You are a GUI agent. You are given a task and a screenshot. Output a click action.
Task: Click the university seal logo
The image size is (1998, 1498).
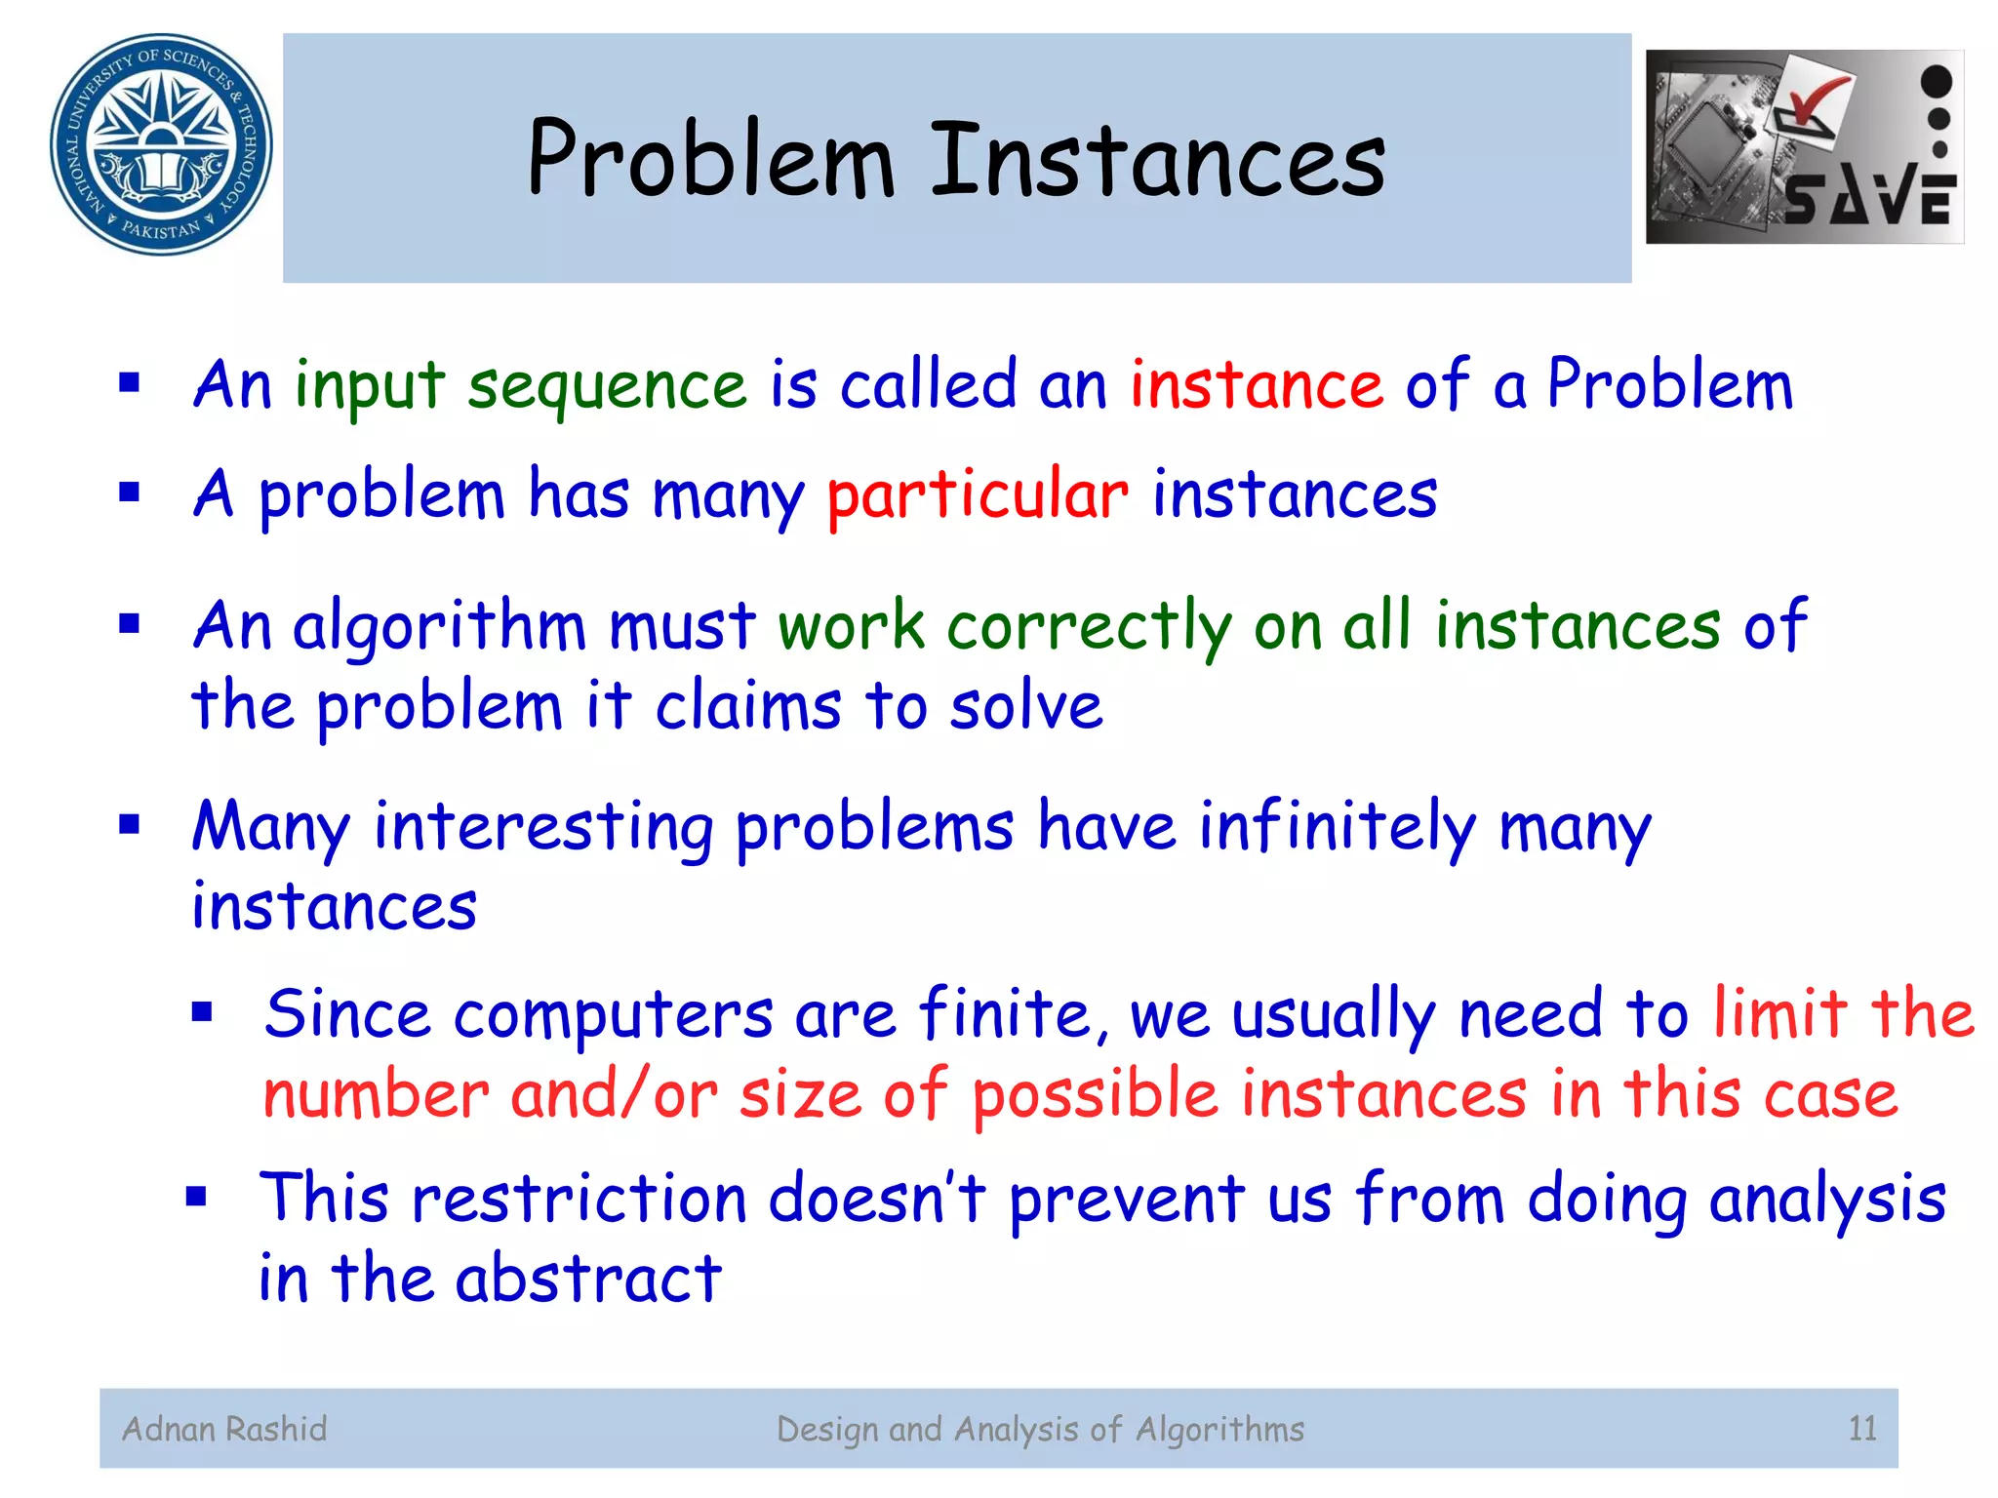tap(161, 144)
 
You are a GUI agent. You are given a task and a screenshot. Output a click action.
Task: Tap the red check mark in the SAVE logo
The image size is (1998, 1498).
tap(1813, 101)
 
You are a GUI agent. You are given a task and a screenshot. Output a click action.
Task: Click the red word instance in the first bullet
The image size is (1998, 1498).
tap(1257, 384)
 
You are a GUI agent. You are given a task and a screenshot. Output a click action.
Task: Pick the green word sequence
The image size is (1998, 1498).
tap(607, 386)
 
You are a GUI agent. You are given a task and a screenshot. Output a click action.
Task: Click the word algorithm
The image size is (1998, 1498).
tap(439, 626)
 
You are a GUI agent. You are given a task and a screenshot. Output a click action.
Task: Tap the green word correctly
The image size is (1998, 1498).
tap(1089, 626)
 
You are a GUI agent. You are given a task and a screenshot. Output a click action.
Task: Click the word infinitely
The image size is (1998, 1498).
tap(1338, 828)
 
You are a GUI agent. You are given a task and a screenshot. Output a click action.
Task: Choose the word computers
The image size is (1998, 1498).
tap(613, 1014)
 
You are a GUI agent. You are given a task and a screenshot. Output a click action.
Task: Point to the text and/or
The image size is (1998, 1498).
tap(615, 1094)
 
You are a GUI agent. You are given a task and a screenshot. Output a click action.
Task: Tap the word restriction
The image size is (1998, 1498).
tap(579, 1199)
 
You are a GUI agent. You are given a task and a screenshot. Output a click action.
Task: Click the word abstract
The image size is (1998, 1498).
tap(588, 1279)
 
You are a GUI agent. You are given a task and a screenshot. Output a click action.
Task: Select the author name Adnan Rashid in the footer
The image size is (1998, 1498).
tap(224, 1429)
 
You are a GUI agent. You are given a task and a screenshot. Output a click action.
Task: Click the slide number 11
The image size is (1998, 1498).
tap(1862, 1429)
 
